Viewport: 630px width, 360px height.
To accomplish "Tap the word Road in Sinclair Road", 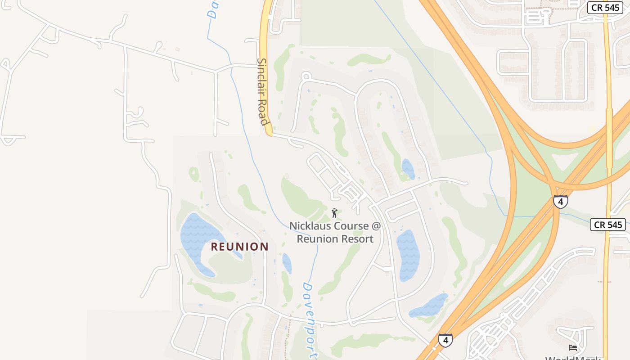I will pyautogui.click(x=263, y=112).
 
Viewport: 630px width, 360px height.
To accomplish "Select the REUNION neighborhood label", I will pyautogui.click(x=239, y=247).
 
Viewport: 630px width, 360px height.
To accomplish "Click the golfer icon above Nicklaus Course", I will pyautogui.click(x=334, y=212).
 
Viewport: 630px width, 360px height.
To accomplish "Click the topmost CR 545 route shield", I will pyautogui.click(x=605, y=8).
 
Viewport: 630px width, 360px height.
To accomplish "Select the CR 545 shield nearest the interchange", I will pyautogui.click(x=607, y=225).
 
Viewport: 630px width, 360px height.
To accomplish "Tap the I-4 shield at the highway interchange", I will pyautogui.click(x=560, y=202).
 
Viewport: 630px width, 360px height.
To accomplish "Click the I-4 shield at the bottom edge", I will pyautogui.click(x=445, y=340).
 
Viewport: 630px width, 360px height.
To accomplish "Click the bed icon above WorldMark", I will pyautogui.click(x=572, y=347).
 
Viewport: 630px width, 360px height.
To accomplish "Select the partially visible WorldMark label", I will pyautogui.click(x=573, y=358).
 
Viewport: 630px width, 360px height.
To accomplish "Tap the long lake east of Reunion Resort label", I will pyautogui.click(x=408, y=254).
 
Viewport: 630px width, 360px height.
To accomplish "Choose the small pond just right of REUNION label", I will pyautogui.click(x=287, y=263).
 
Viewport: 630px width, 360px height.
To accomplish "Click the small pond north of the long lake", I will pyautogui.click(x=408, y=169).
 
